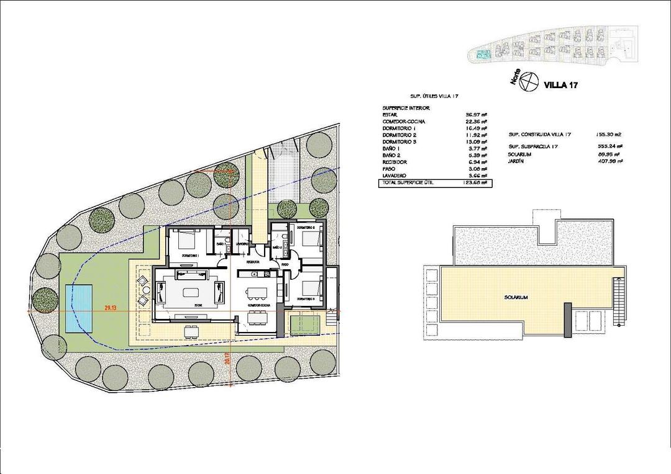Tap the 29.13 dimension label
click(x=111, y=307)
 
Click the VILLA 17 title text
click(x=560, y=85)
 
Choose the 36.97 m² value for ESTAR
click(x=474, y=115)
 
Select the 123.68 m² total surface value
click(x=474, y=183)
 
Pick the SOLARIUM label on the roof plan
click(x=516, y=298)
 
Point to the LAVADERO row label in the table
click(x=395, y=176)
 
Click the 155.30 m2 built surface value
click(x=609, y=134)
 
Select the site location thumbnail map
click(x=553, y=47)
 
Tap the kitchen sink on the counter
click(x=265, y=274)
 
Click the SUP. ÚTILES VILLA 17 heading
click(x=434, y=96)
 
